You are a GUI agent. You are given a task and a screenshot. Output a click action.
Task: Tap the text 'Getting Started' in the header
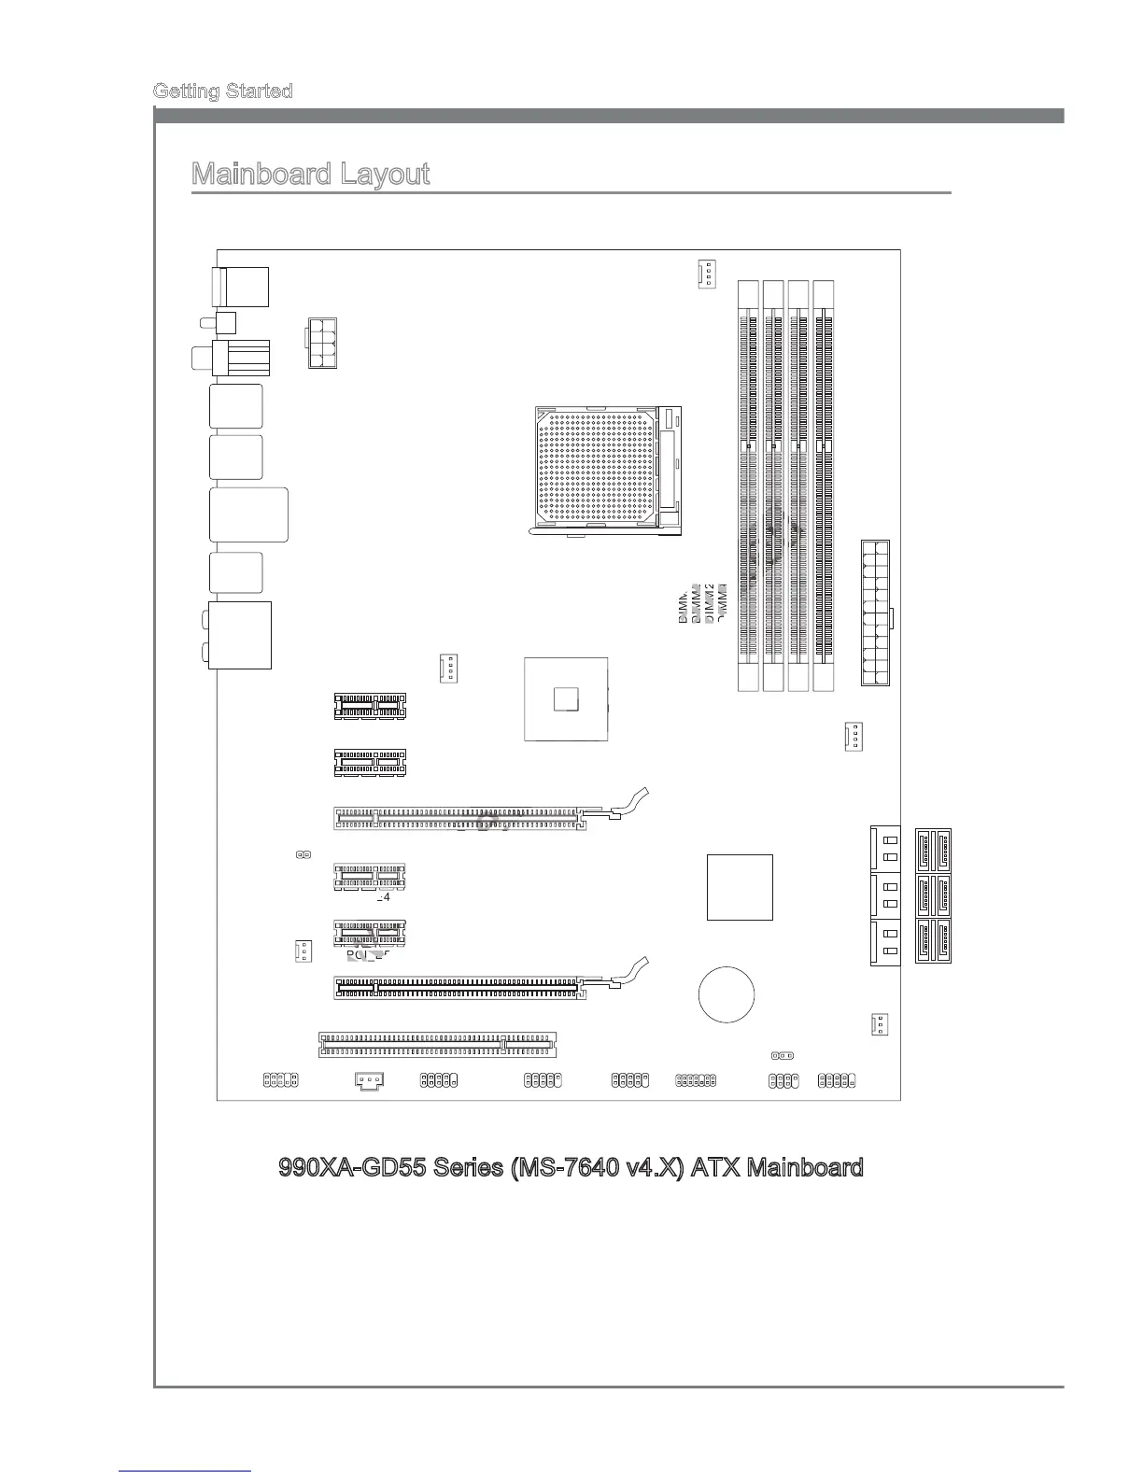(222, 91)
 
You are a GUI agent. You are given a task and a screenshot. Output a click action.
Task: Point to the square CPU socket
(606, 472)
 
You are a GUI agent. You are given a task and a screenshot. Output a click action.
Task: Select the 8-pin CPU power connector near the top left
(320, 343)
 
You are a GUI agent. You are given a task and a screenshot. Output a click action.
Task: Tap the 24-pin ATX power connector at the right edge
(875, 613)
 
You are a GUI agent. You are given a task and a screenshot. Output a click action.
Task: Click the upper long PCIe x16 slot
(460, 819)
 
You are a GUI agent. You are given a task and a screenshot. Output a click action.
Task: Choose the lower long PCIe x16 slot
(460, 988)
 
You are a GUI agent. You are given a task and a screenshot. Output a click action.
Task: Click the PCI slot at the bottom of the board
(437, 1044)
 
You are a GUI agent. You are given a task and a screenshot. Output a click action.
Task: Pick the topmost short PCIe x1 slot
(370, 707)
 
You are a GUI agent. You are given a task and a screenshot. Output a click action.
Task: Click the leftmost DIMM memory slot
(747, 486)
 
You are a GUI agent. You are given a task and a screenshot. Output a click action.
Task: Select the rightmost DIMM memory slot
(823, 486)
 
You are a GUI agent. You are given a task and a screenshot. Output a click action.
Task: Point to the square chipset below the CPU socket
(566, 698)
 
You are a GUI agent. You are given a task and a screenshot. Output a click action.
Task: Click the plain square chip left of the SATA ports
(740, 887)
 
